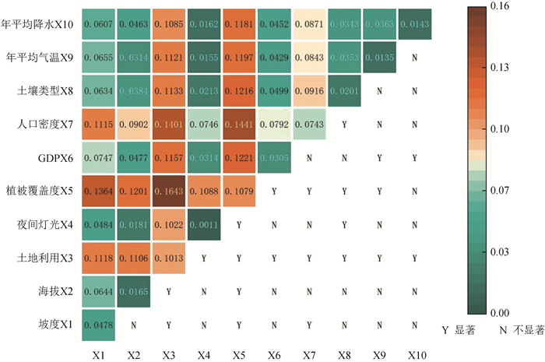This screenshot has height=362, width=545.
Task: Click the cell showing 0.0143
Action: click(x=414, y=24)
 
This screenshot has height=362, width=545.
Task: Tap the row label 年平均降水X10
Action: click(x=40, y=24)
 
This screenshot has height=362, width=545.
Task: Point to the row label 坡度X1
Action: click(x=58, y=325)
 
